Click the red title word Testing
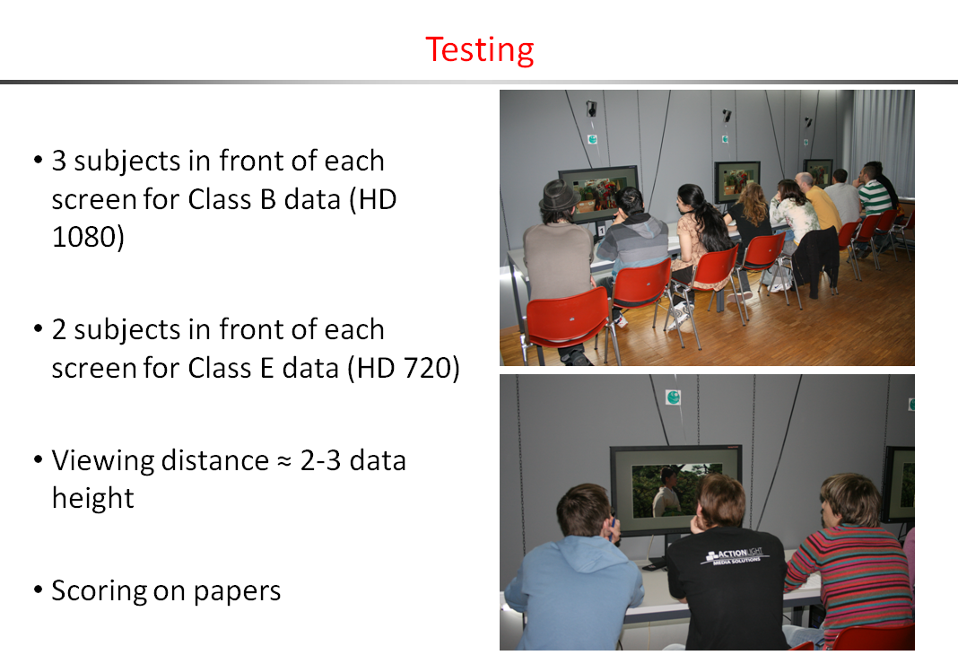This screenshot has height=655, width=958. pyautogui.click(x=480, y=50)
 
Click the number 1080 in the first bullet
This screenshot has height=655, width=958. pyautogui.click(x=87, y=237)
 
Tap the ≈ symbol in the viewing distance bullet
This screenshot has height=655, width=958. pyautogui.click(x=284, y=462)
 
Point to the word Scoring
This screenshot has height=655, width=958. pyautogui.click(x=99, y=591)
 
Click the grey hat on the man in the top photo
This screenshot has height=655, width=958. pyautogui.click(x=558, y=196)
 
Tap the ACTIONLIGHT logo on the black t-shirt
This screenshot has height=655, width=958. pyautogui.click(x=736, y=555)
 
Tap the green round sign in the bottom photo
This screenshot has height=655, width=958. pyautogui.click(x=674, y=397)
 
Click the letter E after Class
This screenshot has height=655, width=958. pyautogui.click(x=267, y=369)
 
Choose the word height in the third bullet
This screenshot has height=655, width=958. pyautogui.click(x=93, y=498)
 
